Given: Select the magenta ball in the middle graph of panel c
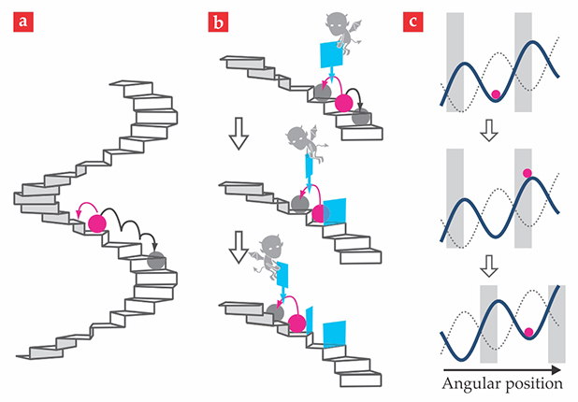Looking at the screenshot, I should tap(527, 172).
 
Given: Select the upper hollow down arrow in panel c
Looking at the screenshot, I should tap(486, 130).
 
